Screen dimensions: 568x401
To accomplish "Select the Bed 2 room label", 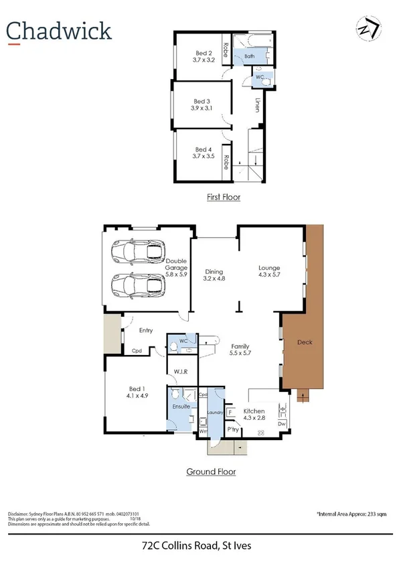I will pos(204,53).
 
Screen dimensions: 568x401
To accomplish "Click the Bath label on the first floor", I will pos(249,57).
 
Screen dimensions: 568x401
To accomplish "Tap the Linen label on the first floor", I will pos(258,105).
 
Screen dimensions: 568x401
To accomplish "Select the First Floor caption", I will pos(223,197).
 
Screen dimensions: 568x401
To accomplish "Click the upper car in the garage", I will pos(138,252).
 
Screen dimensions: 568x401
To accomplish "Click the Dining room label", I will pos(214,271).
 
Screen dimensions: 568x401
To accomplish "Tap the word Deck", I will pos(305,342).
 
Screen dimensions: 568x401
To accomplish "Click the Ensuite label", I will pos(181,406).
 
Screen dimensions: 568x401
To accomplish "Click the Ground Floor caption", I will pos(210,472).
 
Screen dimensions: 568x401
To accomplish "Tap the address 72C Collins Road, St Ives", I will pos(200,547).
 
